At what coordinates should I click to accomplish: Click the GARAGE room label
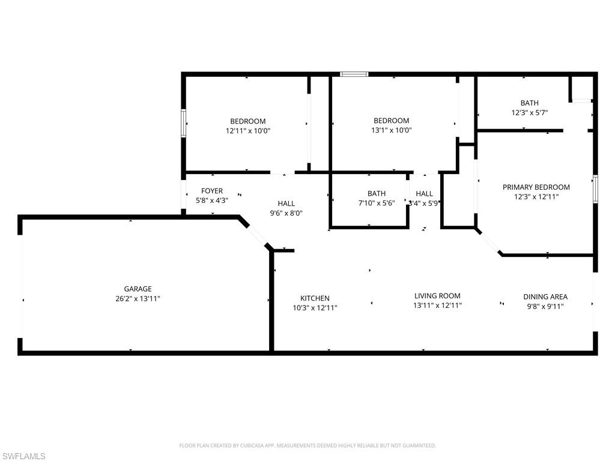(x=138, y=289)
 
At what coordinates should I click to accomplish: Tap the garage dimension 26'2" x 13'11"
(x=138, y=298)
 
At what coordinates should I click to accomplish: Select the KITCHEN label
(x=315, y=298)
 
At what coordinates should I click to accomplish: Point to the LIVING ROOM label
(x=437, y=295)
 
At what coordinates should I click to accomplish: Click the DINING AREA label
(x=545, y=297)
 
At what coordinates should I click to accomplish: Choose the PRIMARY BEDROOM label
(x=536, y=187)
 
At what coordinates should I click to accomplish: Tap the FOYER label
(x=212, y=191)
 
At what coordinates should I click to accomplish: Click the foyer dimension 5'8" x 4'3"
(x=212, y=200)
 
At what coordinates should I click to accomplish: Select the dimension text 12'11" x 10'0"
(x=248, y=130)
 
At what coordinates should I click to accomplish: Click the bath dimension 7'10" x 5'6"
(x=377, y=203)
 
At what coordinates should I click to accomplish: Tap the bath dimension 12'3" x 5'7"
(x=529, y=112)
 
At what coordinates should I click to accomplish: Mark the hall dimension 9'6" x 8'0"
(x=286, y=212)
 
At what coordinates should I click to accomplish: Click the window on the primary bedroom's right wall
(x=595, y=189)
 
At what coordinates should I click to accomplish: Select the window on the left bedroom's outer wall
(x=184, y=123)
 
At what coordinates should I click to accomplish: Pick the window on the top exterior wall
(x=354, y=74)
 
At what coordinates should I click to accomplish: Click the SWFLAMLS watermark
(x=24, y=457)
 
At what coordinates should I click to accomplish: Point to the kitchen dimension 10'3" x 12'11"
(x=315, y=308)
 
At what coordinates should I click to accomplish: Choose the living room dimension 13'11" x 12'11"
(x=437, y=305)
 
